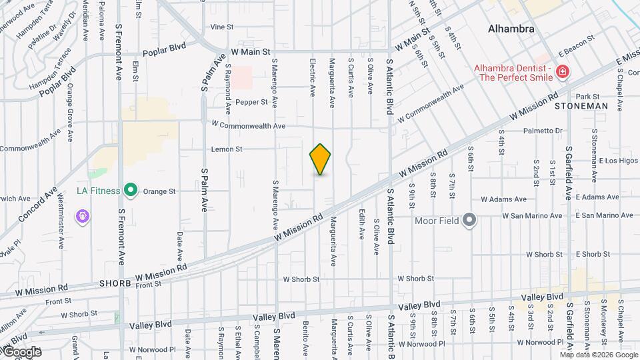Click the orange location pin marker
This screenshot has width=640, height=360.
pos(321,159)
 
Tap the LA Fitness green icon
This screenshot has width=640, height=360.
pos(131,191)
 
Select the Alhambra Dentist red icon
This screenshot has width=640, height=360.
pos(563,71)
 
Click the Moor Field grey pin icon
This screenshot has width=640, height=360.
pos(470,220)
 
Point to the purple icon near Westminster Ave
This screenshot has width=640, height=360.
pos(84,217)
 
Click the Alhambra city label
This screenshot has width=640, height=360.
pos(511,29)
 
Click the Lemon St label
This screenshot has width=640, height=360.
pos(226,149)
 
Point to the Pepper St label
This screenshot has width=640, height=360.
pos(251,102)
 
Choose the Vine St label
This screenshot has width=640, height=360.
pos(221,27)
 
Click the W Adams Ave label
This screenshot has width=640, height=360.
pos(503,199)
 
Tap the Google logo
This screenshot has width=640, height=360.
pos(21,351)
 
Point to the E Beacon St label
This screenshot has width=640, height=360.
pos(576,45)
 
